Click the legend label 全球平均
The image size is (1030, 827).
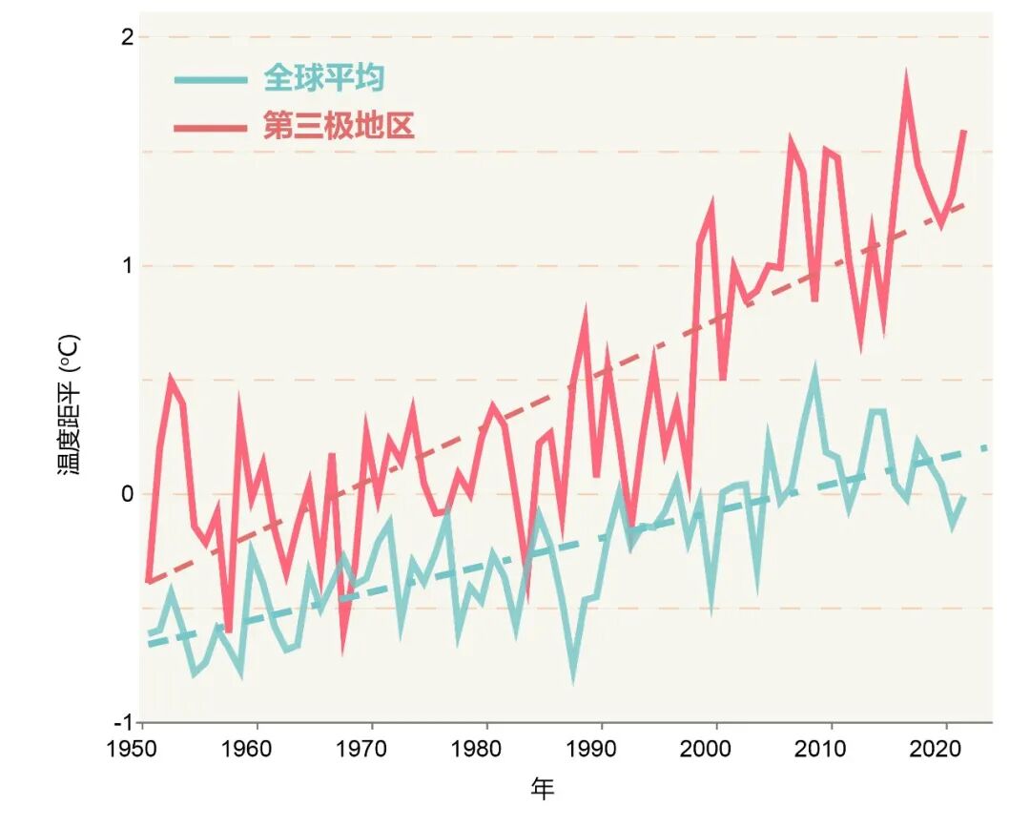(x=324, y=78)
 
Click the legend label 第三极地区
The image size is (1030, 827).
(x=339, y=126)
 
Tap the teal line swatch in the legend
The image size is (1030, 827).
(x=211, y=79)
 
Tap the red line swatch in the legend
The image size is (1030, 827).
(x=211, y=127)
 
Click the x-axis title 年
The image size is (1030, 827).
(x=543, y=789)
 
